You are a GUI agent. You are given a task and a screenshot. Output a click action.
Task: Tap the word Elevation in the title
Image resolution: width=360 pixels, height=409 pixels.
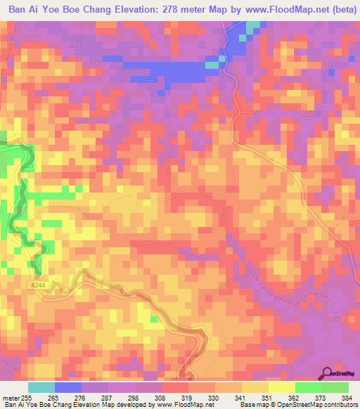136,10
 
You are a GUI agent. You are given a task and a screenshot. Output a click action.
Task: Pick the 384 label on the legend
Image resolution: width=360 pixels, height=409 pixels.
347,398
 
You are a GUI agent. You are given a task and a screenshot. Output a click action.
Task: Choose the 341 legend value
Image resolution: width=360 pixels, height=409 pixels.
240,398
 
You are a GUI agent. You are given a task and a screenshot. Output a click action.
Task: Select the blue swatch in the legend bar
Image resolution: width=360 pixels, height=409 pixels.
67,387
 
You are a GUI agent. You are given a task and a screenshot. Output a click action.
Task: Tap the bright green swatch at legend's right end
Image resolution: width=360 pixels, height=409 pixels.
335,387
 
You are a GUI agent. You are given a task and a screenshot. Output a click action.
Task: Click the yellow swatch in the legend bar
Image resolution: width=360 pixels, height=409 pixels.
281,387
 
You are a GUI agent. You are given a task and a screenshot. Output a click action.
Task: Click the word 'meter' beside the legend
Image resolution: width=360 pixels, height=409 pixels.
11,398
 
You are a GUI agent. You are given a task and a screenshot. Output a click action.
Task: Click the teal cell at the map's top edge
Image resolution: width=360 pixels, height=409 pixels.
252,25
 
